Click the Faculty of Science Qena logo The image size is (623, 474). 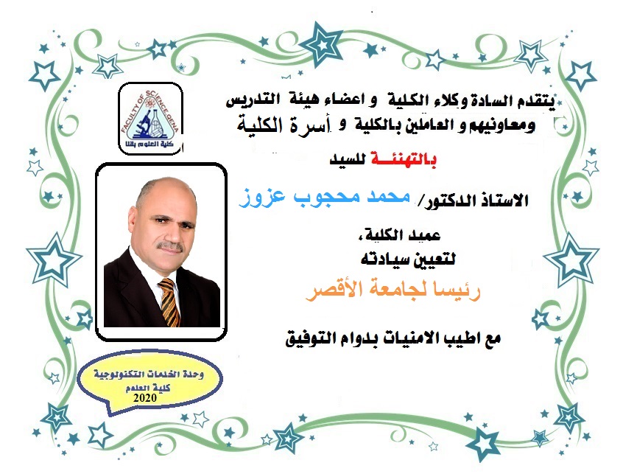click(150, 119)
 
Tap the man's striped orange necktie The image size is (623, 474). click(169, 302)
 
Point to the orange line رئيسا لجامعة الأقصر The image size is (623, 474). click(393, 290)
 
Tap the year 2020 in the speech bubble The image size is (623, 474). click(145, 398)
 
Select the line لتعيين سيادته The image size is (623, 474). click(408, 259)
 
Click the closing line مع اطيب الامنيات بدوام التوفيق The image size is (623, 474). click(393, 338)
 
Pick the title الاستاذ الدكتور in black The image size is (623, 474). click(476, 200)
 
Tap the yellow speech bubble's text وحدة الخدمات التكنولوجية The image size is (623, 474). click(149, 374)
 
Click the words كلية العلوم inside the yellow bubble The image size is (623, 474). click(148, 388)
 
